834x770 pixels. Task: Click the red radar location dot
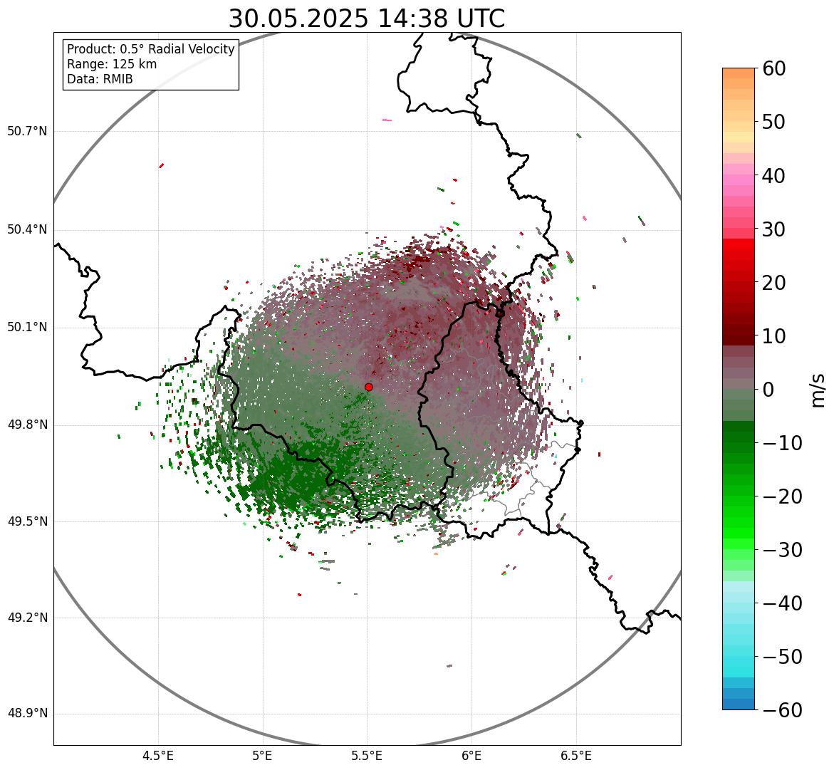pos(369,387)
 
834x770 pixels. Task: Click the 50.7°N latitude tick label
pos(27,131)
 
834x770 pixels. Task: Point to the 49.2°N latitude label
pos(27,618)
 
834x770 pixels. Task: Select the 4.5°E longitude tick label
pos(158,755)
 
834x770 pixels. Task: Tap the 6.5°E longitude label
pos(575,755)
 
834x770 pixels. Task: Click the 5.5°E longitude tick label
pos(367,755)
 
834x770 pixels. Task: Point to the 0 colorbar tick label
pos(769,390)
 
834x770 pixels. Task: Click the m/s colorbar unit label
pos(817,390)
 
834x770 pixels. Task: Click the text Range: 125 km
pos(112,64)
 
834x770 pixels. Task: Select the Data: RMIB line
pos(100,79)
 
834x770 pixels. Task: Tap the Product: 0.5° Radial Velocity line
pos(150,49)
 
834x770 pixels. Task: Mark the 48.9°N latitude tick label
pos(27,714)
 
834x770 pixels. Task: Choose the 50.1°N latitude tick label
pos(27,328)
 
